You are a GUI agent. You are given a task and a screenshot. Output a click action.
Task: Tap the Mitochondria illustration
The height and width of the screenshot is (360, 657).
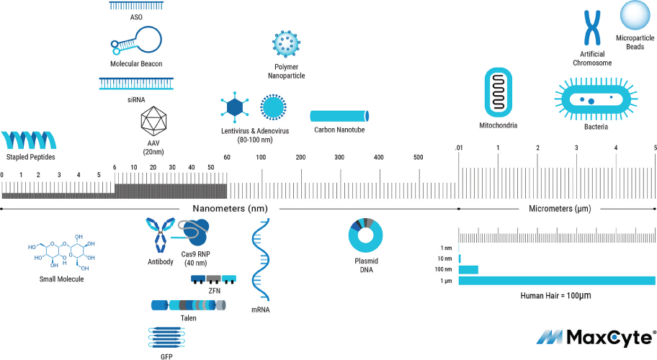(x=499, y=92)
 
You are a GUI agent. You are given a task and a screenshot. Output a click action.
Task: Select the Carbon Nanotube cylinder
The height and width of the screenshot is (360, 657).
(x=339, y=116)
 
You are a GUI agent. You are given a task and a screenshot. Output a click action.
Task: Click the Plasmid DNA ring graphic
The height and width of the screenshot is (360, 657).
(x=365, y=235)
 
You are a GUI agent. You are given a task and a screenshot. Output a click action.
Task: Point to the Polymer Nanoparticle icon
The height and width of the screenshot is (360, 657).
(x=286, y=44)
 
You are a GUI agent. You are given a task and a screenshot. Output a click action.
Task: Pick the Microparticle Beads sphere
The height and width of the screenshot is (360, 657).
(x=635, y=16)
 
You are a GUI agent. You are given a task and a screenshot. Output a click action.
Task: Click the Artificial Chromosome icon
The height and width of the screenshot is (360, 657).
(x=592, y=28)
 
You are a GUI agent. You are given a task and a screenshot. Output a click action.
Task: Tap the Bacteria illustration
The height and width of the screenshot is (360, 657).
(x=596, y=99)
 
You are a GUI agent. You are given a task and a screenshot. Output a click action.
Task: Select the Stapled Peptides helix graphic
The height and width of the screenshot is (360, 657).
(x=29, y=140)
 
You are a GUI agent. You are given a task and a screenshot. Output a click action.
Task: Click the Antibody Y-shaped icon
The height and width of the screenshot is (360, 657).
(x=161, y=235)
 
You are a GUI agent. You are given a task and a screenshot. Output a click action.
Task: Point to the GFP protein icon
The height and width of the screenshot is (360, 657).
(x=166, y=338)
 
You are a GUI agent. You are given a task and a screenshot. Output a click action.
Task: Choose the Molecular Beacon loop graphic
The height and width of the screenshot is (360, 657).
(x=136, y=40)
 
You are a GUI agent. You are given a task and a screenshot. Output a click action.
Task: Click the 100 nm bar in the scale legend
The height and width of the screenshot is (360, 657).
(x=468, y=269)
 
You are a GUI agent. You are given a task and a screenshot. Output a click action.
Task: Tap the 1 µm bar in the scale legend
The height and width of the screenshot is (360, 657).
(x=557, y=281)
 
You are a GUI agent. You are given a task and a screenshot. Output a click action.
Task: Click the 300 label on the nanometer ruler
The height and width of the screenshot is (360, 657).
(x=339, y=158)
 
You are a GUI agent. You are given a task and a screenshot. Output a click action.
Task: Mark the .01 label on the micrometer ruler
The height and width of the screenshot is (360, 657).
(x=459, y=148)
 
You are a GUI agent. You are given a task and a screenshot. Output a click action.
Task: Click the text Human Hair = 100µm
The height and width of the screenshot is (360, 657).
(x=555, y=295)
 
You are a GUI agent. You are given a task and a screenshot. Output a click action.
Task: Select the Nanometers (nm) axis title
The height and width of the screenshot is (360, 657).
(x=230, y=209)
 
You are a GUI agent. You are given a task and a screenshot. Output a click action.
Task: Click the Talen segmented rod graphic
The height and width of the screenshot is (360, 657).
(x=189, y=305)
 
